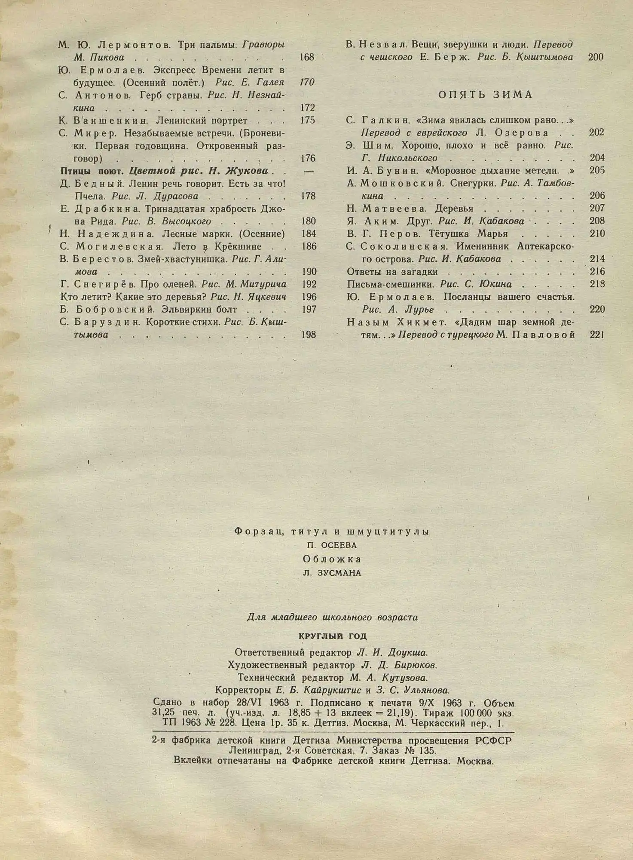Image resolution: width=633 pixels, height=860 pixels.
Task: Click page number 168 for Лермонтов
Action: pyautogui.click(x=307, y=57)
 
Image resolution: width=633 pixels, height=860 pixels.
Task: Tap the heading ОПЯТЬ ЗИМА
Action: pyautogui.click(x=485, y=95)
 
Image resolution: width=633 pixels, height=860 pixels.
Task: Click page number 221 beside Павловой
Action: pyautogui.click(x=597, y=335)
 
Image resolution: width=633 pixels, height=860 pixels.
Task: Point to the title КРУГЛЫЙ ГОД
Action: pyautogui.click(x=332, y=636)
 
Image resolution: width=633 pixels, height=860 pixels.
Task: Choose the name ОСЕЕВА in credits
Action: pyautogui.click(x=338, y=545)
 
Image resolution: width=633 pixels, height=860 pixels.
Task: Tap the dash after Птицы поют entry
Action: pyautogui.click(x=308, y=171)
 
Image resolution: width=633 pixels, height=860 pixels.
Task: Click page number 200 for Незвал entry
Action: pyautogui.click(x=595, y=57)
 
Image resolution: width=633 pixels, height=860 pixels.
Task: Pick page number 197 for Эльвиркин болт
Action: pyautogui.click(x=308, y=310)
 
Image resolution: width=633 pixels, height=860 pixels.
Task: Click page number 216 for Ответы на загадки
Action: pyautogui.click(x=597, y=272)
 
